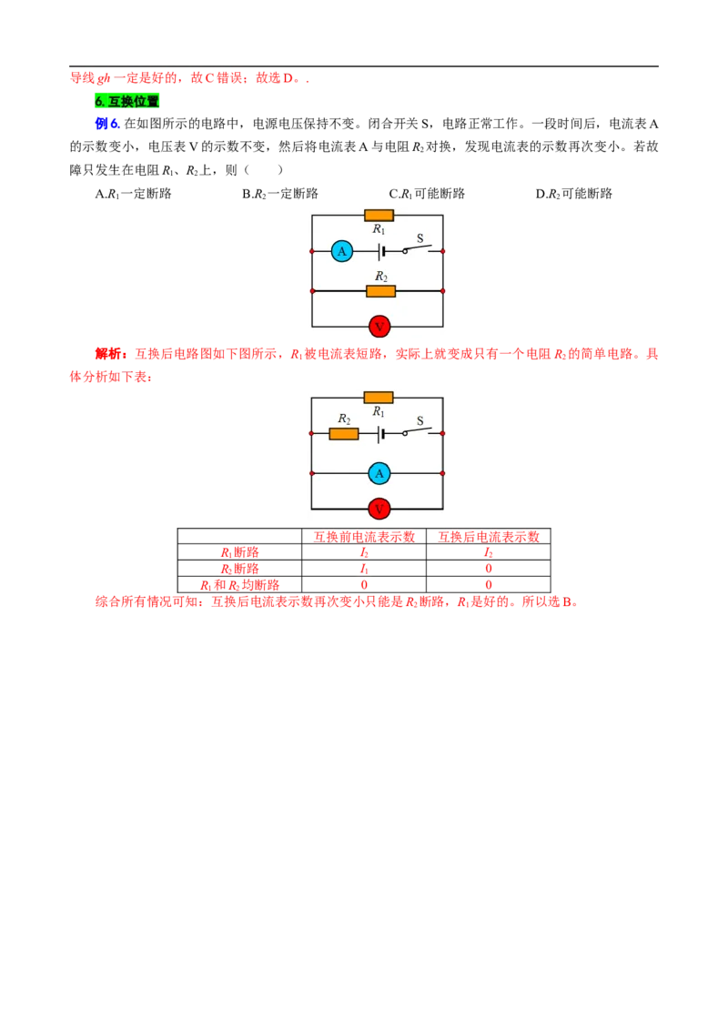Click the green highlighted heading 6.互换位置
tap(126, 101)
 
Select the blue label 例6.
tap(107, 124)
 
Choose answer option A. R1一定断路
tap(134, 194)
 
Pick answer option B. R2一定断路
tap(280, 194)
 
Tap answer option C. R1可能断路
tap(427, 194)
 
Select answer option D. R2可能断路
tap(573, 194)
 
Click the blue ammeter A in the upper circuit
tap(341, 251)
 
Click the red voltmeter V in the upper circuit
tap(379, 327)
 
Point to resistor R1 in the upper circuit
tap(379, 215)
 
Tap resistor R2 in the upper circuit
tap(380, 291)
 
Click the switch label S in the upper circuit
tap(420, 238)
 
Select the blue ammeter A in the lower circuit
tap(379, 473)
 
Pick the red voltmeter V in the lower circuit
tap(379, 510)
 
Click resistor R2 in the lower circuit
tap(344, 433)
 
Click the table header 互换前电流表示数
tap(364, 537)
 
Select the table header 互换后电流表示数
tap(488, 537)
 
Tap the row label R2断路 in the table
tap(240, 569)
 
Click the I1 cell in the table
tap(364, 569)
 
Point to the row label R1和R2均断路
tap(240, 585)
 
